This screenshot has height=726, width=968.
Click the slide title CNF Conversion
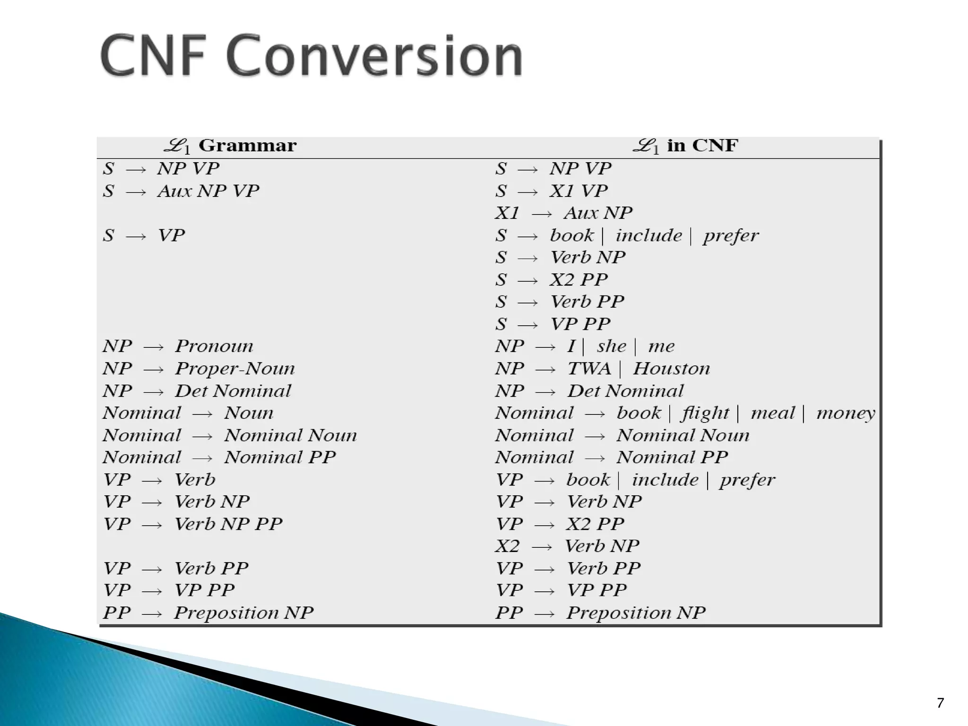tap(311, 56)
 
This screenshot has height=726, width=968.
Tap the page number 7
tap(940, 703)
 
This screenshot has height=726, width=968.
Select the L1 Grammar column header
tap(230, 146)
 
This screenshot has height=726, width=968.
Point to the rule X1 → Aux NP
tap(563, 213)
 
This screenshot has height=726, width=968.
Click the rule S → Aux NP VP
tap(181, 191)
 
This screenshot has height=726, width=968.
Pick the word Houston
tap(671, 369)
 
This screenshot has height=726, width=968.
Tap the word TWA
tap(589, 369)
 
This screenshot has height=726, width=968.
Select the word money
tap(846, 414)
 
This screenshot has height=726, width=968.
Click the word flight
tap(705, 414)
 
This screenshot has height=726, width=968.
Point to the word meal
tap(773, 414)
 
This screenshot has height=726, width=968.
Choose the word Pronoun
tap(214, 346)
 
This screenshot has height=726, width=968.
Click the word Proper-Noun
tap(235, 369)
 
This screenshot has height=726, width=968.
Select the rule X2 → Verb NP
tap(567, 546)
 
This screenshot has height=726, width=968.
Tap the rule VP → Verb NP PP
tap(193, 524)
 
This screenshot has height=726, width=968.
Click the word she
tap(611, 346)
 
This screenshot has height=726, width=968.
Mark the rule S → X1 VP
tap(552, 191)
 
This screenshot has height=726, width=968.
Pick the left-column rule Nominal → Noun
tap(188, 414)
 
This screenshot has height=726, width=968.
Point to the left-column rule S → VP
tap(144, 235)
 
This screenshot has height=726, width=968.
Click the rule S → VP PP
tap(553, 324)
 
